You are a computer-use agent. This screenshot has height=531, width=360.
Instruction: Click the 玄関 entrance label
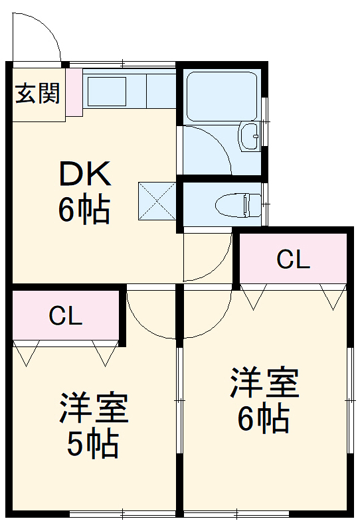pos(37,94)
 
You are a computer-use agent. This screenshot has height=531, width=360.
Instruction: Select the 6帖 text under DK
pos(84,210)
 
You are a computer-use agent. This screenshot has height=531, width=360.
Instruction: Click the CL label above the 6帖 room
pos(293,260)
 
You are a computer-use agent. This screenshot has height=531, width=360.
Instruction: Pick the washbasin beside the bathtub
pos(250,137)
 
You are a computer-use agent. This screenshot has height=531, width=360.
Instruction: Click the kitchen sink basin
pos(106,90)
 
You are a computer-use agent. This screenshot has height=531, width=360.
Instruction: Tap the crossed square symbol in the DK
pos(157,200)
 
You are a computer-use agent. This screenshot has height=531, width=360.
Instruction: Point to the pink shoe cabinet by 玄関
pos(74,93)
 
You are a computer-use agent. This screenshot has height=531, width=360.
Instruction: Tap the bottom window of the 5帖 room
pos(123,513)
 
